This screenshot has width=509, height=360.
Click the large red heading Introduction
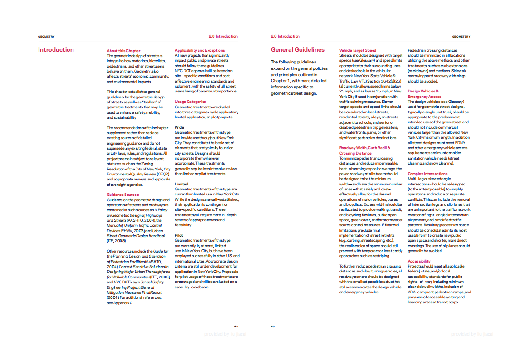click(x=56, y=50)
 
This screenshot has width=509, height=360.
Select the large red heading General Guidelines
click(x=297, y=50)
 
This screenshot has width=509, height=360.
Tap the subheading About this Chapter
click(x=123, y=51)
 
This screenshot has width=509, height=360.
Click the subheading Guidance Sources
click(x=123, y=195)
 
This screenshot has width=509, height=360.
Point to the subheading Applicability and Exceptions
click(x=199, y=50)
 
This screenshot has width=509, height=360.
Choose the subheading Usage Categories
click(x=190, y=102)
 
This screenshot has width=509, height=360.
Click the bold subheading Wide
click(x=179, y=127)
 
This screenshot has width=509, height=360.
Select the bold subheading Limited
click(x=181, y=184)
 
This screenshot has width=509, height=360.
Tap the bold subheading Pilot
click(x=179, y=235)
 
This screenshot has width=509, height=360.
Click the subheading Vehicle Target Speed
click(x=358, y=50)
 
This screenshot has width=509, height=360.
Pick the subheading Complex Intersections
click(x=427, y=174)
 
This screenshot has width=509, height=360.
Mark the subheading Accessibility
click(x=419, y=261)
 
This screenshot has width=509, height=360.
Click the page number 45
click(x=236, y=326)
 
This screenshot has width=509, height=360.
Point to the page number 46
click(x=273, y=326)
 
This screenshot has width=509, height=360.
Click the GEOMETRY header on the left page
click(x=46, y=37)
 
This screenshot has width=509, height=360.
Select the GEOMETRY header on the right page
click(x=461, y=37)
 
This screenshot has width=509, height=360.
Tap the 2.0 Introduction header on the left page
click(x=223, y=36)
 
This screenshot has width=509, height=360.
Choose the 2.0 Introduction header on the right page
click(x=285, y=36)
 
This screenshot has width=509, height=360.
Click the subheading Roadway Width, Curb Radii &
click(x=364, y=148)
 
